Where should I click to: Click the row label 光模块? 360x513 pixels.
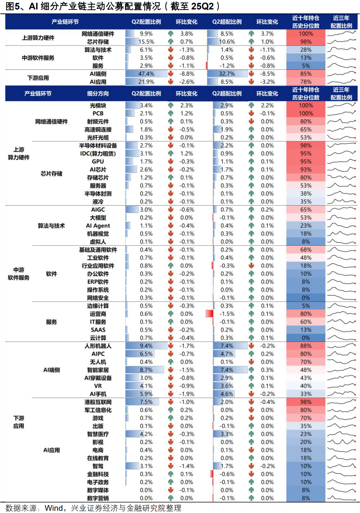pos(98,105)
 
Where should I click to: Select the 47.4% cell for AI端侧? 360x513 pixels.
pos(146,74)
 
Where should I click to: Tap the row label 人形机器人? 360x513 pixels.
pos(98,346)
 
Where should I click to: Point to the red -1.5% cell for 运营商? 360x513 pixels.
pos(227,314)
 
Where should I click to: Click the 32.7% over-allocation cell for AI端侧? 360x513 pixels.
pos(227,74)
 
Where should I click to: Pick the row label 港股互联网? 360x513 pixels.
pos(98,402)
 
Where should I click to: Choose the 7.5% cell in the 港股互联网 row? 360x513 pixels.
pos(146,402)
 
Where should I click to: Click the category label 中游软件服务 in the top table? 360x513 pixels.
pos(38,58)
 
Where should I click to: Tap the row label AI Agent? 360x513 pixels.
pos(98,226)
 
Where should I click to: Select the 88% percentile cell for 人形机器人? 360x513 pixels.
pos(306,346)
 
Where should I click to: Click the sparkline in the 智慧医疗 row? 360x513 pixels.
pos(341,434)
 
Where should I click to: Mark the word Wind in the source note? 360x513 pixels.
pos(53,508)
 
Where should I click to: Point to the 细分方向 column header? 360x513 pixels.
pos(98,94)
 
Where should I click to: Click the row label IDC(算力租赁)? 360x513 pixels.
pos(98,153)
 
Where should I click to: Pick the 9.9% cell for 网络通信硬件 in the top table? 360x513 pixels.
pos(146,34)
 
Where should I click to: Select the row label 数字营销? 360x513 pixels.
pos(98,498)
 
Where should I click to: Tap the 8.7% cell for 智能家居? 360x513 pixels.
pos(146,370)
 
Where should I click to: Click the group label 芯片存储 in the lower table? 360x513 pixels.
pos(51,174)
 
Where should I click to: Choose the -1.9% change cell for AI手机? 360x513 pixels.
pos(186,394)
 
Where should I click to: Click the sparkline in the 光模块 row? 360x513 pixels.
pos(341,105)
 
